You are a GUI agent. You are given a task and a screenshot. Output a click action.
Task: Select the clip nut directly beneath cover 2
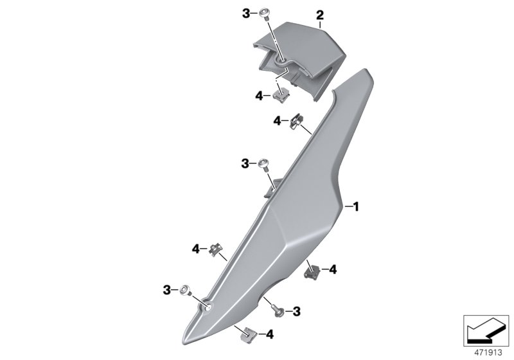pyautogui.click(x=280, y=96)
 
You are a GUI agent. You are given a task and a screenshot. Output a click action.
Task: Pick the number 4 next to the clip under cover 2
pyautogui.click(x=260, y=95)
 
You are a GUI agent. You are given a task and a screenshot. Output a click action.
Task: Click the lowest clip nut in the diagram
pyautogui.click(x=246, y=333)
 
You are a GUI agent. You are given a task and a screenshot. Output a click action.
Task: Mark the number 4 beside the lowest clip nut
pyautogui.click(x=270, y=334)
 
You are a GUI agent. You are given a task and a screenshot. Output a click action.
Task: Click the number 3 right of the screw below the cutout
pyautogui.click(x=296, y=311)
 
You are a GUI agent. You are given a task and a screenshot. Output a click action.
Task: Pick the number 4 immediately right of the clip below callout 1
pyautogui.click(x=333, y=270)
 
